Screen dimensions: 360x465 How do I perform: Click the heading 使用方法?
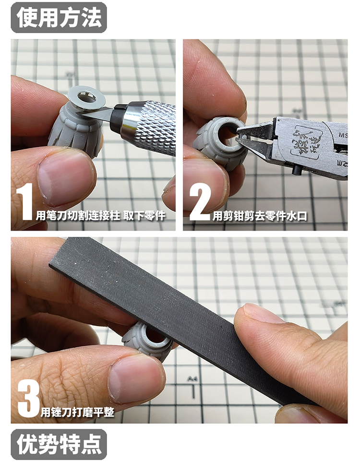click(59, 17)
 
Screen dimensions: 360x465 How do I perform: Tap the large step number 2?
click(200, 202)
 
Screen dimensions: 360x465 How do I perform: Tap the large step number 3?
click(28, 398)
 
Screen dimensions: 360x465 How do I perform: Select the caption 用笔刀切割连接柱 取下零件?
click(100, 215)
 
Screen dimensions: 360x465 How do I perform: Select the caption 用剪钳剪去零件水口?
click(260, 216)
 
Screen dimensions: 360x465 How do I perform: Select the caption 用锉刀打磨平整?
click(77, 412)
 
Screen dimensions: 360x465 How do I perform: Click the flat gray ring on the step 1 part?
click(86, 97)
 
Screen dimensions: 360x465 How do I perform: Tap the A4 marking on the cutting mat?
click(192, 379)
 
